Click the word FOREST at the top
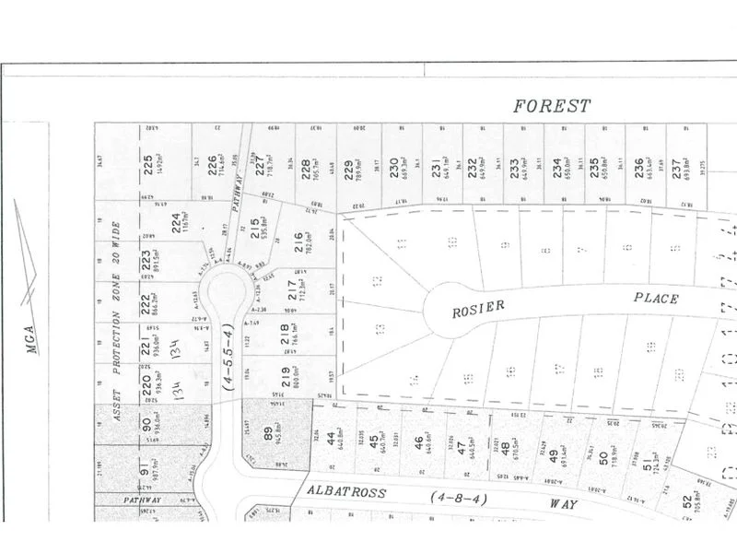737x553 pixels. pos(551,107)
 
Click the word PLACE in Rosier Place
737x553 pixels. pos(655,299)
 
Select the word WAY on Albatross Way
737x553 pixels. pos(564,505)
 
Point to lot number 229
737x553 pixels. pos(349,168)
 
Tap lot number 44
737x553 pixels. pos(330,441)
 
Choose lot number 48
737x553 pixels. pos(505,450)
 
